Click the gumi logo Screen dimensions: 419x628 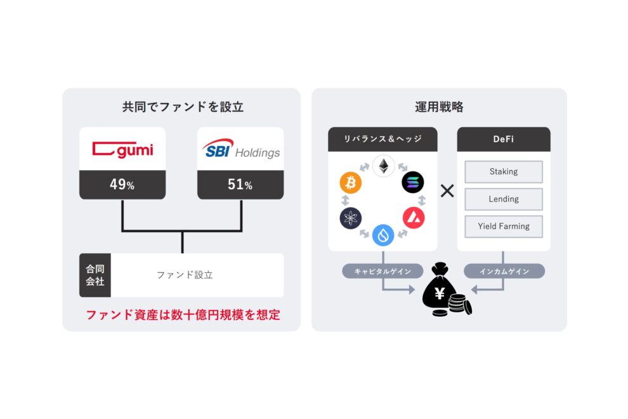pos(122,150)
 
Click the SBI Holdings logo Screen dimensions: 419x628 pos(240,150)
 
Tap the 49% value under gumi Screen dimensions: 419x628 pos(122,185)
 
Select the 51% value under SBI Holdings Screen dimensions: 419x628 pos(240,185)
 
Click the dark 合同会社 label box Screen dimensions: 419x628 pos(95,275)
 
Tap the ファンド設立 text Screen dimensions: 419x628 pos(185,275)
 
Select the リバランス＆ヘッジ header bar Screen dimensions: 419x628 pos(383,139)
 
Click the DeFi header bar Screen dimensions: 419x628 pos(504,139)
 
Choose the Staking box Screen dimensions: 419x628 pos(504,171)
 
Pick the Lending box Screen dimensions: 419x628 pos(504,199)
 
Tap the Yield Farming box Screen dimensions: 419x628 pos(504,226)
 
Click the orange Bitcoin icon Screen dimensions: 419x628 pos(351,183)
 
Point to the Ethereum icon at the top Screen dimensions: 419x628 pos(383,166)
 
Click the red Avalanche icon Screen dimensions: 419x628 pos(414,218)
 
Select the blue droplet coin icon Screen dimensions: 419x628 pos(383,235)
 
